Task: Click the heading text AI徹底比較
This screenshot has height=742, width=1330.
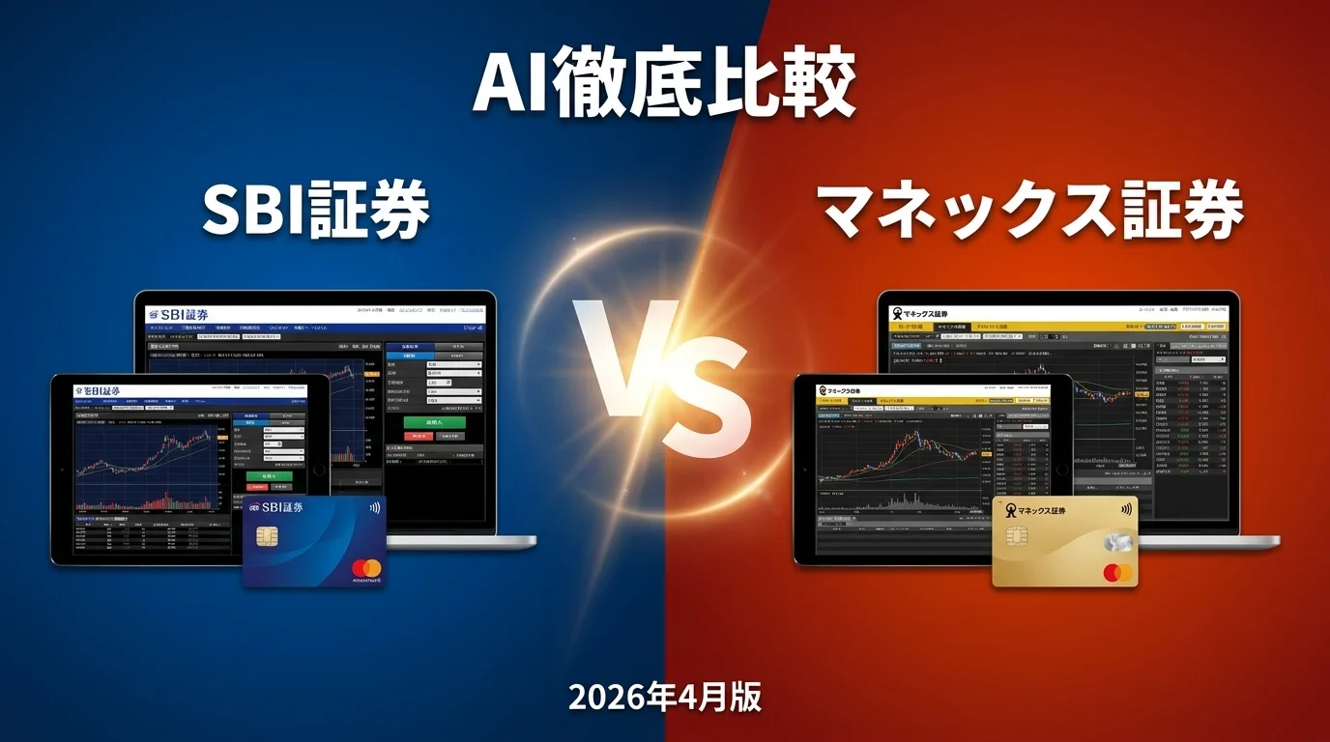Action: (664, 83)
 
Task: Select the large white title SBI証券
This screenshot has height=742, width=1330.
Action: (316, 211)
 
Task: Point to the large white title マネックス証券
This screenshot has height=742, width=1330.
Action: (1030, 211)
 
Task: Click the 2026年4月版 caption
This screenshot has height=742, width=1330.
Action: (664, 697)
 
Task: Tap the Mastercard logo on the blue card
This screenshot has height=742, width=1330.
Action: (365, 568)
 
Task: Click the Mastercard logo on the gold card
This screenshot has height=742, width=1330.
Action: (1117, 573)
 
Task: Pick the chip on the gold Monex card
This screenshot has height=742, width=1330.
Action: (1016, 536)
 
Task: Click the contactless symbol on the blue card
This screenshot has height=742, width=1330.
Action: (373, 507)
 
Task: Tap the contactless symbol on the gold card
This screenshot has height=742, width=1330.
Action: (1126, 509)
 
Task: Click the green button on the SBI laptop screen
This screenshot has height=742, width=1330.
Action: (434, 422)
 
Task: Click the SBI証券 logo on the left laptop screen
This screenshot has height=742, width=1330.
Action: (178, 314)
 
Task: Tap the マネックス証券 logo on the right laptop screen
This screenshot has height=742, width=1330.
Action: (920, 313)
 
